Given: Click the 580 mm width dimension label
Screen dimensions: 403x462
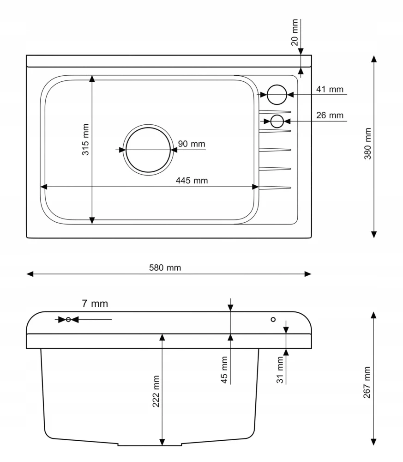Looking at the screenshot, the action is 165,267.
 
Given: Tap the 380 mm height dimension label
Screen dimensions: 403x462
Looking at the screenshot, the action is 367,144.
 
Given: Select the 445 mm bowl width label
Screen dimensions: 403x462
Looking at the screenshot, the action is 192,180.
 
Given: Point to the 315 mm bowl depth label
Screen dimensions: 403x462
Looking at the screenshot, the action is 85,140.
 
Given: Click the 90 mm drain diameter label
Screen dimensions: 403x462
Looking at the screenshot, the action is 191,144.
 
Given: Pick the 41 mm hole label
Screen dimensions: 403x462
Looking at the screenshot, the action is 330,89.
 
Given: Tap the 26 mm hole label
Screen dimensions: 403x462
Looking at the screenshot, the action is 330,115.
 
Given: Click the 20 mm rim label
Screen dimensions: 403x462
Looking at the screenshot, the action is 295,32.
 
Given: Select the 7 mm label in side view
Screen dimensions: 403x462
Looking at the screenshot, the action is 95,304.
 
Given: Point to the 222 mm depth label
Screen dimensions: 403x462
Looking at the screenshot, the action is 156,391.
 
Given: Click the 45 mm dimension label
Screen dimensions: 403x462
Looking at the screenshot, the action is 224,370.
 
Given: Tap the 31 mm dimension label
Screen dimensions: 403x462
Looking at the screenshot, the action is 280,370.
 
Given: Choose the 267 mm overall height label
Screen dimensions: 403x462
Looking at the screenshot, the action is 367,383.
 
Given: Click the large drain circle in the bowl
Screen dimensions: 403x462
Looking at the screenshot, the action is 148,128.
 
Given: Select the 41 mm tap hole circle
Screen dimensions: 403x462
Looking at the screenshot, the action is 277,85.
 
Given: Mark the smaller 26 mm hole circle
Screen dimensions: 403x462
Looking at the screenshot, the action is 277,115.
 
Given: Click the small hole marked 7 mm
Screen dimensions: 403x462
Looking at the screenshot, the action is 68,319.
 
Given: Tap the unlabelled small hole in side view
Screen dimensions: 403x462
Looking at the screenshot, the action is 273,319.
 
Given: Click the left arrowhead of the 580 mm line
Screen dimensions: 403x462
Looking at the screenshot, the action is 30,274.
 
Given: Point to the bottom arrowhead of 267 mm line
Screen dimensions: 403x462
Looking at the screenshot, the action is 373,442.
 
